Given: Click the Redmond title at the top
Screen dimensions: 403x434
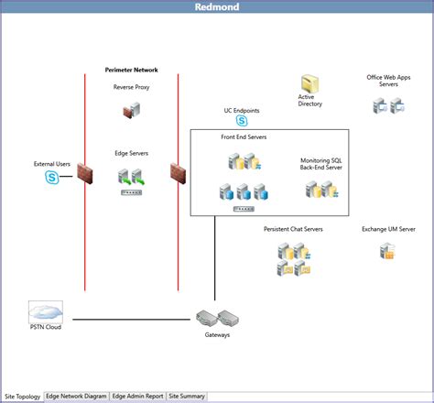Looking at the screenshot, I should click(x=217, y=7).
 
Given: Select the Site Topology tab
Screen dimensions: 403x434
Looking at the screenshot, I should click(x=22, y=397).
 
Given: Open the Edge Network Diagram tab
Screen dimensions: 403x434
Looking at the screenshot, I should click(x=76, y=397).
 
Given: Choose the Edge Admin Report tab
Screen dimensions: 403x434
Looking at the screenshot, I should click(x=137, y=397).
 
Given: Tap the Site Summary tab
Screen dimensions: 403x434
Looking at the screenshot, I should click(x=187, y=397).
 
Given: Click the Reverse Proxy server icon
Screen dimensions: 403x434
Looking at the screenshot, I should click(x=131, y=111).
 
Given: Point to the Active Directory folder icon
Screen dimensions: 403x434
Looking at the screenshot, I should click(x=310, y=82).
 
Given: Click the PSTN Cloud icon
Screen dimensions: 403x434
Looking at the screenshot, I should click(x=45, y=311).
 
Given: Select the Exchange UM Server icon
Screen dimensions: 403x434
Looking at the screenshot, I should click(x=387, y=250).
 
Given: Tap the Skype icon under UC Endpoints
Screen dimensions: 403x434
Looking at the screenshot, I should click(x=242, y=121).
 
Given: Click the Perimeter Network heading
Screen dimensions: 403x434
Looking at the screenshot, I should click(x=132, y=70).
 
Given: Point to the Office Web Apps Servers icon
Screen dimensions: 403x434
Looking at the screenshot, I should click(x=388, y=106).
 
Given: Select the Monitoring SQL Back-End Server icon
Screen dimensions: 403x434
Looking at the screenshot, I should click(x=321, y=191).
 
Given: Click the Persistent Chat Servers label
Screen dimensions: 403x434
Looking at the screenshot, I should click(x=293, y=229).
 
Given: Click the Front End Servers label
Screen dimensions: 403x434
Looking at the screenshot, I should click(x=244, y=136).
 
